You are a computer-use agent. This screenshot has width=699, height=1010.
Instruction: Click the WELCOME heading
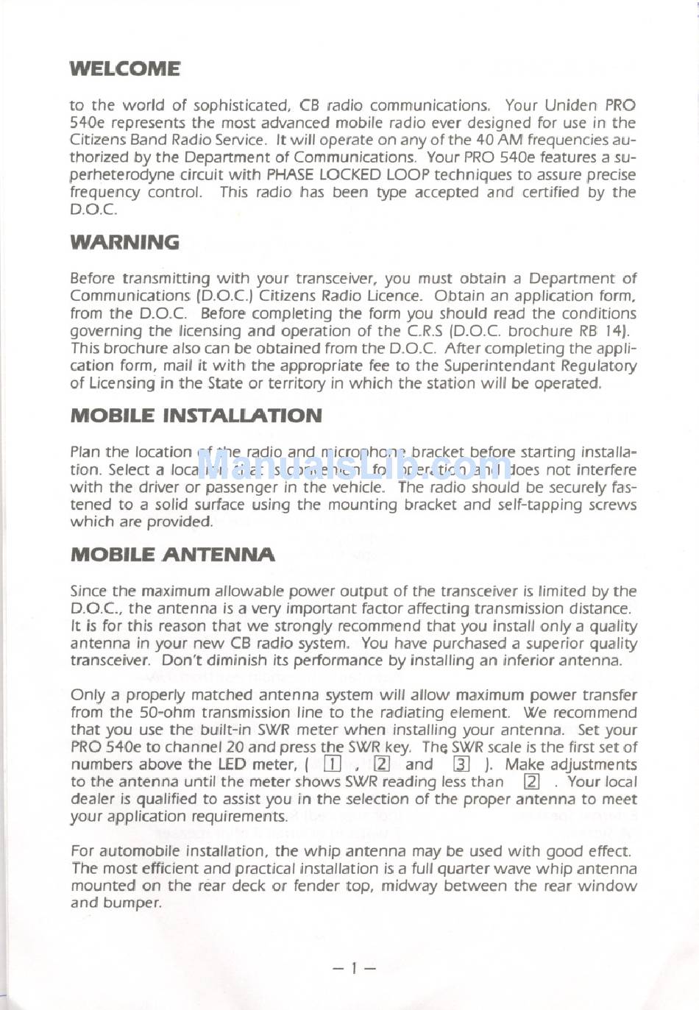tap(125, 69)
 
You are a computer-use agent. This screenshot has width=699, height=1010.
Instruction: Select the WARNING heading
tap(125, 243)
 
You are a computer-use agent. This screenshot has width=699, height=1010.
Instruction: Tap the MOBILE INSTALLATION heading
tap(196, 416)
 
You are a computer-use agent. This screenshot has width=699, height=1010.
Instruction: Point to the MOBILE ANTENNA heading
tap(173, 555)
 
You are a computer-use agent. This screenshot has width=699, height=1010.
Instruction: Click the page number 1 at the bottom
tap(354, 968)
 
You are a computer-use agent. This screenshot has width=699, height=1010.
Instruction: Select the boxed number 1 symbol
tap(333, 764)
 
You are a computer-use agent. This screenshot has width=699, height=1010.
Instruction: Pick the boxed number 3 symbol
tap(461, 764)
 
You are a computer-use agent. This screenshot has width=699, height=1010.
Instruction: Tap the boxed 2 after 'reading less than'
tap(531, 782)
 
